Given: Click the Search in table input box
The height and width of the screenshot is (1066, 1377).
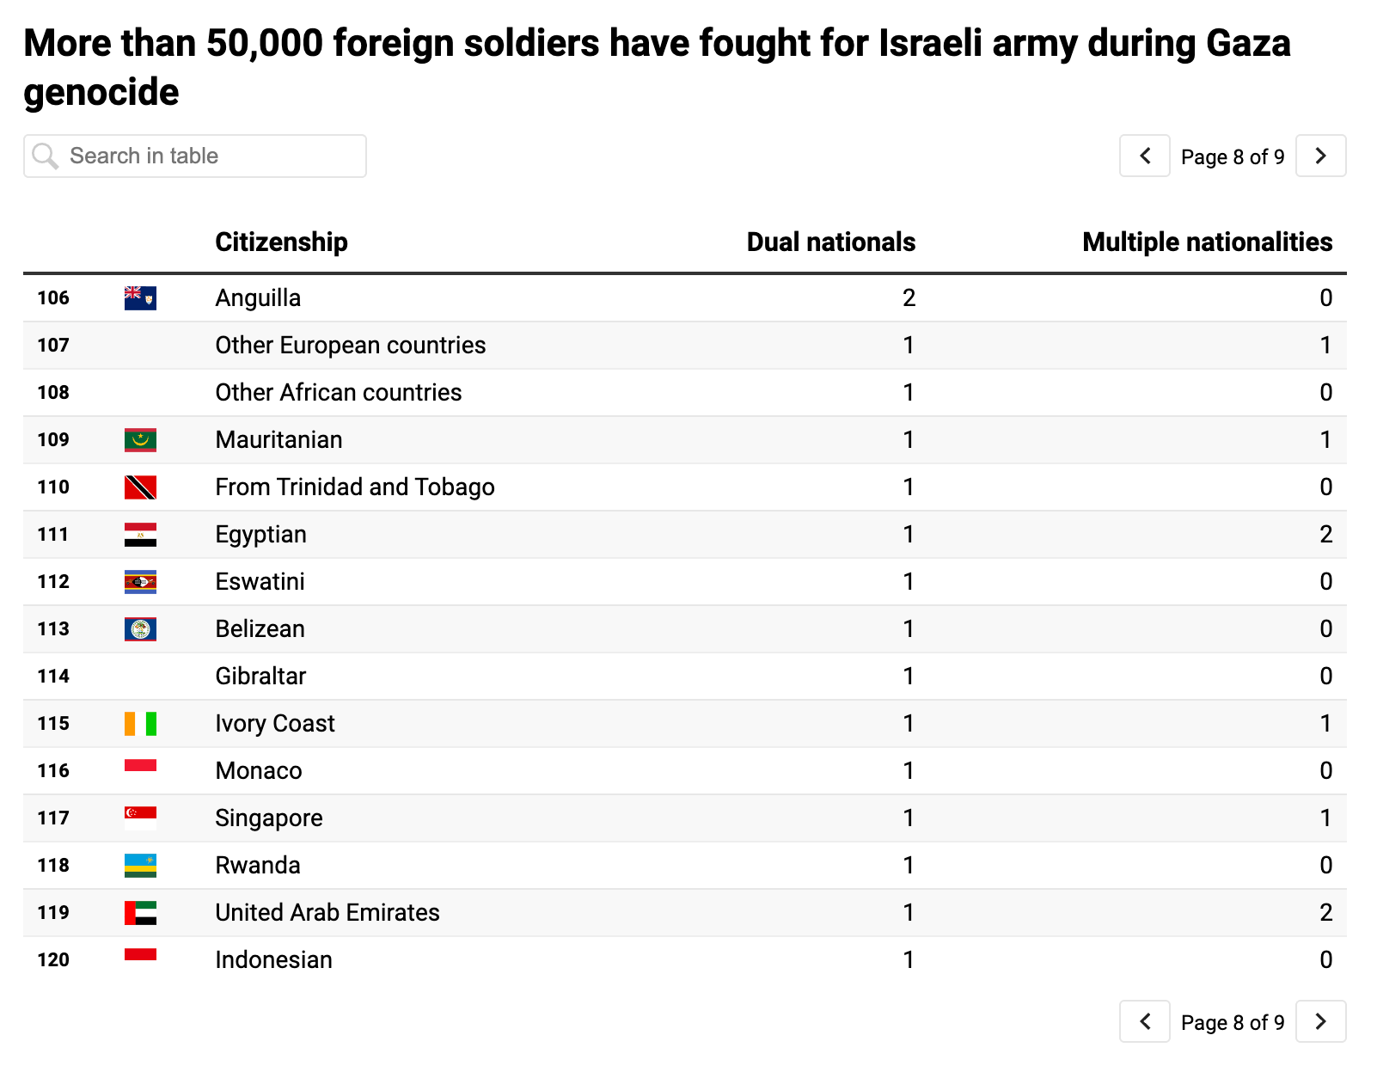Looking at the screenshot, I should point(195,156).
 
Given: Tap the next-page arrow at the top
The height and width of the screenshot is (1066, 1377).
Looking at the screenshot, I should point(1320,156).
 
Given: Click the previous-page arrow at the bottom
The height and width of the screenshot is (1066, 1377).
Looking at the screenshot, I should point(1144,1021).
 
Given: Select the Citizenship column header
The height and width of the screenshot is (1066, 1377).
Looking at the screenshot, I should point(281,242).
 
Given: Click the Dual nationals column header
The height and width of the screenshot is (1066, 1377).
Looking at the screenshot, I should point(830,242).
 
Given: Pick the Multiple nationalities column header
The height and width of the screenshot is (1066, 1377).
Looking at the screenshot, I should point(1207,242).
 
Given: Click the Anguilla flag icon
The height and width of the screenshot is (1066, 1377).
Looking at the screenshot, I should point(140,298).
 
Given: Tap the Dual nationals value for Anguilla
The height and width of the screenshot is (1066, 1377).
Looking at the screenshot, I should point(909,298).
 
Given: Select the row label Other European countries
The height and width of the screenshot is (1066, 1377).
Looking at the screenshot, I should point(350,346).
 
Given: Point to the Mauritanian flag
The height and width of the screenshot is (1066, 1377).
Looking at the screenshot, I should point(140,440).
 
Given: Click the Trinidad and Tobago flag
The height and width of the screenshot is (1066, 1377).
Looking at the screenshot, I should point(140,487).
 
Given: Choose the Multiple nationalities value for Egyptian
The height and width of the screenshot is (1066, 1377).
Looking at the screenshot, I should point(1325,535).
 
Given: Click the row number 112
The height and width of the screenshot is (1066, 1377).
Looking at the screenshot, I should point(53,582).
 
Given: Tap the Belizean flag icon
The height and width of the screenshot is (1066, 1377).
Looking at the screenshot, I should point(140,629).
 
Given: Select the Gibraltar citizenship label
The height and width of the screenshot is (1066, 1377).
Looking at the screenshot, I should point(260,677).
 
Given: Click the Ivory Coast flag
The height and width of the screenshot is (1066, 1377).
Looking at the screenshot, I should point(140,724).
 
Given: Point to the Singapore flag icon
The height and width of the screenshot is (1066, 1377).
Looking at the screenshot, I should point(140,818).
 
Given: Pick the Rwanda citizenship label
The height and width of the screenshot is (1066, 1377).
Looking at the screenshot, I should point(258,866).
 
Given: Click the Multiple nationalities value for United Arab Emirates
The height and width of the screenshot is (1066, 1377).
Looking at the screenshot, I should point(1325,913).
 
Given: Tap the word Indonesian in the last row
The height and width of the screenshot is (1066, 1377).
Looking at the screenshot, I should point(273,960).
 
